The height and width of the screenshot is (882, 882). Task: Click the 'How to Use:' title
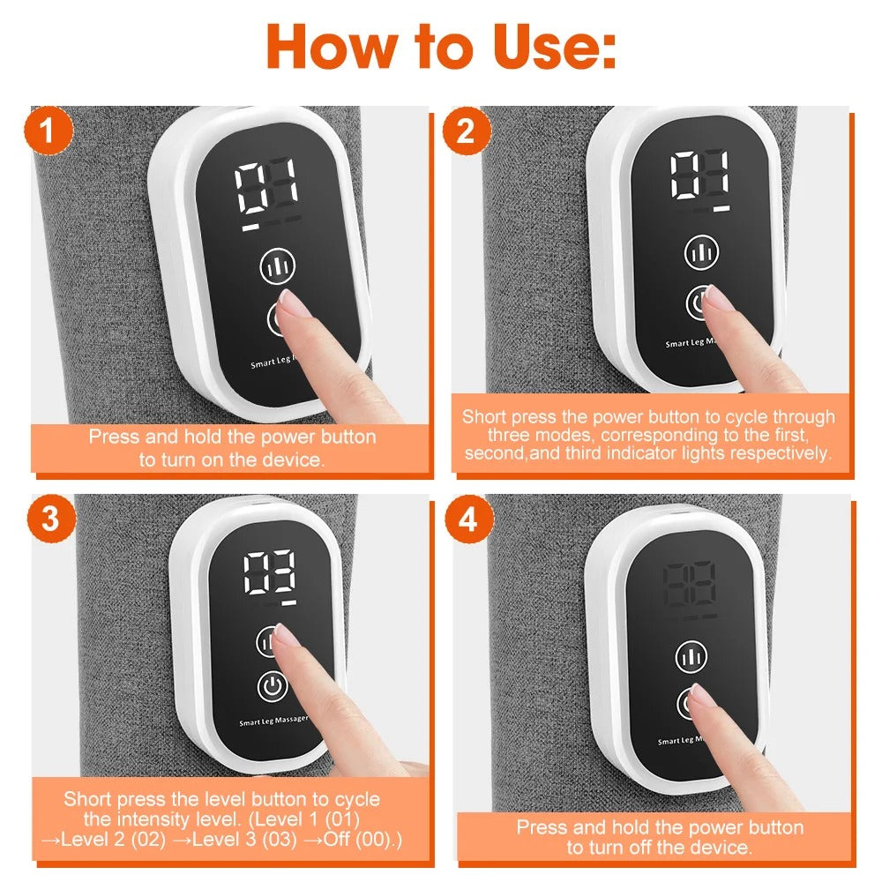point(441,46)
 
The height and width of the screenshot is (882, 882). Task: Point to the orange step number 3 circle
point(51,519)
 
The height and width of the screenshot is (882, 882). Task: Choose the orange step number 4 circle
point(467,519)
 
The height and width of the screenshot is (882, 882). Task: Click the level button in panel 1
point(276,265)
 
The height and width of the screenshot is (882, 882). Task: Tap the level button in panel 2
point(701,252)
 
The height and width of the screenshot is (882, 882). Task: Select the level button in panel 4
point(691,657)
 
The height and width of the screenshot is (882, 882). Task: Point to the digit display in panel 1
point(266,187)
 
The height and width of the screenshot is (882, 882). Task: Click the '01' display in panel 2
point(700,176)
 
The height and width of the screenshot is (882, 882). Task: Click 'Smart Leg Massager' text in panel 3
point(274,721)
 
